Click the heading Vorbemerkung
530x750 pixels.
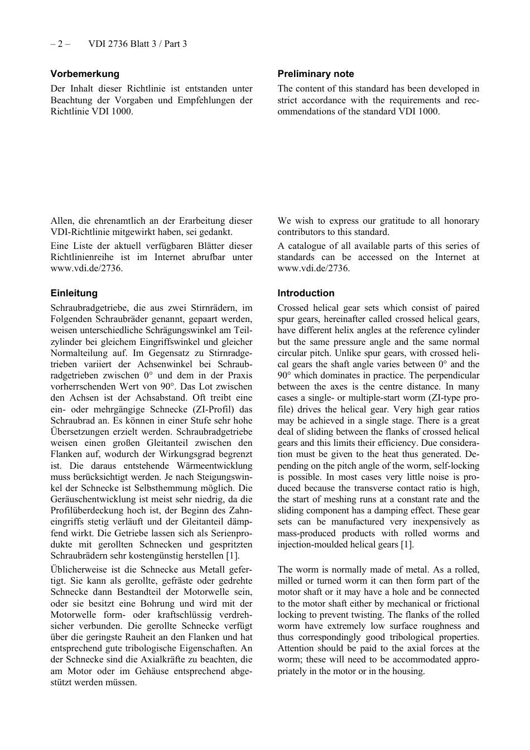[x=85, y=74]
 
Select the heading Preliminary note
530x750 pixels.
[x=316, y=74]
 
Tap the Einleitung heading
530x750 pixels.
[x=74, y=293]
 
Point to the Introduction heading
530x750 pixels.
[x=306, y=293]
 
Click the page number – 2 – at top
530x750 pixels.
[x=60, y=44]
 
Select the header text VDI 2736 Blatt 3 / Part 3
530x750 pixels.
[x=137, y=44]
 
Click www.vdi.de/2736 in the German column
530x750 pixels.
[x=85, y=268]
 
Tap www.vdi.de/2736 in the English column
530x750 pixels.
[x=313, y=268]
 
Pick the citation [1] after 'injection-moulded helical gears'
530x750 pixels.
[x=407, y=544]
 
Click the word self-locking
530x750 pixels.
[x=454, y=465]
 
